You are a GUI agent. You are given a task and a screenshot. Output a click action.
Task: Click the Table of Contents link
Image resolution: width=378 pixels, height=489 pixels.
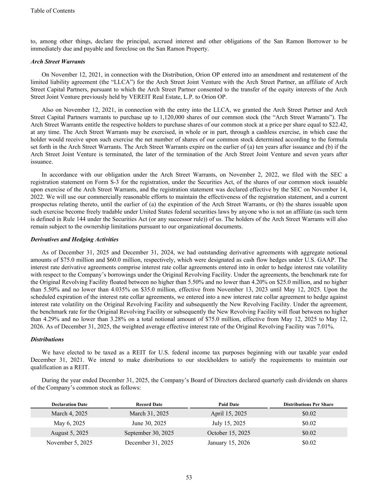click(x=53, y=11)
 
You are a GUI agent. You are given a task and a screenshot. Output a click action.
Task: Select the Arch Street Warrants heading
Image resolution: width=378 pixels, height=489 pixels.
click(x=58, y=62)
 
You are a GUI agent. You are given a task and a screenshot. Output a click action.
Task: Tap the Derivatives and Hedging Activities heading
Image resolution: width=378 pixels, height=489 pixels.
click(x=75, y=239)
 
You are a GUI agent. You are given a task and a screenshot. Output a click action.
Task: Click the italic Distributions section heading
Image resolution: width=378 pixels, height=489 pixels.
click(x=47, y=339)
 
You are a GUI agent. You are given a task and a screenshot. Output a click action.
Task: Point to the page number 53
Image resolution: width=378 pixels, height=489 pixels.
click(x=189, y=477)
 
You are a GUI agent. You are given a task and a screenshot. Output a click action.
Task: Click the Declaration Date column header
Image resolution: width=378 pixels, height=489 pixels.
click(x=69, y=404)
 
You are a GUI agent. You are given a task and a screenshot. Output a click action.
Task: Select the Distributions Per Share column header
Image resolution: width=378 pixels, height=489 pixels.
click(x=308, y=404)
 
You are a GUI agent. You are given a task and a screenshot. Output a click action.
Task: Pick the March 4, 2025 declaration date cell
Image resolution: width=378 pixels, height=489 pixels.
click(x=69, y=413)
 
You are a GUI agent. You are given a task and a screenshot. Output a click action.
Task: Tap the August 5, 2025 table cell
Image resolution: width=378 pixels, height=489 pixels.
click(x=69, y=433)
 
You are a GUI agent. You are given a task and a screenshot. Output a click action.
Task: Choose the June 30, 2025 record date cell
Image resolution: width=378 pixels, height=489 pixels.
click(x=149, y=423)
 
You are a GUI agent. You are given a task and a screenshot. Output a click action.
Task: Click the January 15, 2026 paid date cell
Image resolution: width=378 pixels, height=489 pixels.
click(x=229, y=442)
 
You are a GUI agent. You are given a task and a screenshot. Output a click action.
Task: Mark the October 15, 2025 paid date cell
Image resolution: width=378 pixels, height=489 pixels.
click(x=229, y=433)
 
